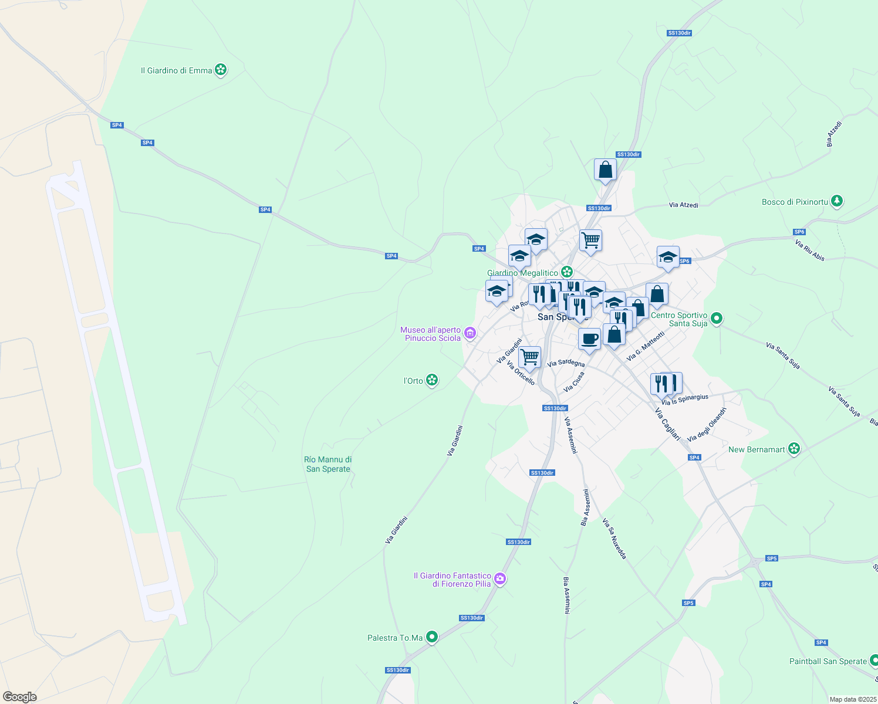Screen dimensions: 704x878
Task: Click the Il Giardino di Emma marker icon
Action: [221, 70]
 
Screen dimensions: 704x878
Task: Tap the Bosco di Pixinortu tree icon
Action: [837, 202]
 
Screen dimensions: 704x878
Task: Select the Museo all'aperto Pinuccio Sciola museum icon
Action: [470, 334]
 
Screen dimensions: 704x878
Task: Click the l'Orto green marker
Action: [432, 381]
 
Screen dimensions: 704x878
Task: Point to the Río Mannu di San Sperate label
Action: [328, 464]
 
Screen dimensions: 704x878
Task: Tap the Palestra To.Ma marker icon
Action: [432, 637]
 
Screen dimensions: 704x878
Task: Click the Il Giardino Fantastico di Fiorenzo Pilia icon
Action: [499, 579]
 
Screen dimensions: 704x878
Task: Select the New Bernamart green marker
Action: [794, 449]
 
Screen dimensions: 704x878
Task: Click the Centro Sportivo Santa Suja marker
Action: [716, 319]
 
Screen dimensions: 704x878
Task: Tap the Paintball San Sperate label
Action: [828, 661]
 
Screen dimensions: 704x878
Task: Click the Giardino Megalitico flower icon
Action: [567, 272]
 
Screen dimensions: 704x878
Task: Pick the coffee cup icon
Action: [589, 339]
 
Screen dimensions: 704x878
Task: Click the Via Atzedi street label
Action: [684, 205]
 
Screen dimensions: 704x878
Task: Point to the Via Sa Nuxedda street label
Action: [615, 539]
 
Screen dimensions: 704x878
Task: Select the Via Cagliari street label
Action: [668, 424]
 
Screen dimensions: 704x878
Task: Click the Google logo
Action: [19, 697]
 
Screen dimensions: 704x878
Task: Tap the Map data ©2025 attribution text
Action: [853, 699]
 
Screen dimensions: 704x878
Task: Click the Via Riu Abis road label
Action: [810, 250]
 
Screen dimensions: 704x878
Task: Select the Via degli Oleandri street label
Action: [707, 424]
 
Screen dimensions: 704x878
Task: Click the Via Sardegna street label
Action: [566, 363]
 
